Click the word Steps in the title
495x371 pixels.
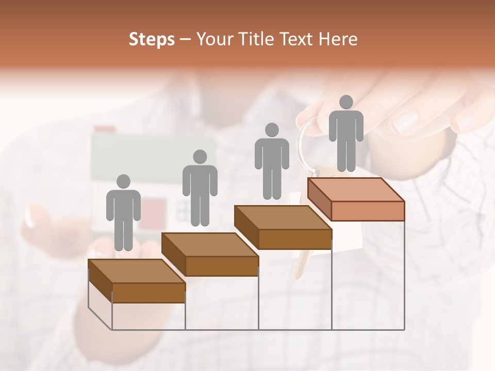pyautogui.click(x=152, y=39)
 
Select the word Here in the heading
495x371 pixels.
pyautogui.click(x=337, y=39)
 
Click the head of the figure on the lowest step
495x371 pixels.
pyautogui.click(x=123, y=181)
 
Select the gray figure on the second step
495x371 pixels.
pyautogui.click(x=200, y=188)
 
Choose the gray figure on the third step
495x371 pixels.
pyautogui.click(x=272, y=161)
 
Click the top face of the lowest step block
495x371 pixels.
pyautogui.click(x=137, y=271)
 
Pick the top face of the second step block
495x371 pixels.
pyautogui.click(x=210, y=244)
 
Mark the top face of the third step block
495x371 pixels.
pyautogui.click(x=283, y=217)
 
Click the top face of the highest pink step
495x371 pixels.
pyautogui.click(x=356, y=190)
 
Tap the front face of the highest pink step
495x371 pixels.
pyautogui.click(x=368, y=211)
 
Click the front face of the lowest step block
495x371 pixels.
pyautogui.click(x=148, y=293)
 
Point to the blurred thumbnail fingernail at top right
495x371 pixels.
pyautogui.click(x=405, y=122)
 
